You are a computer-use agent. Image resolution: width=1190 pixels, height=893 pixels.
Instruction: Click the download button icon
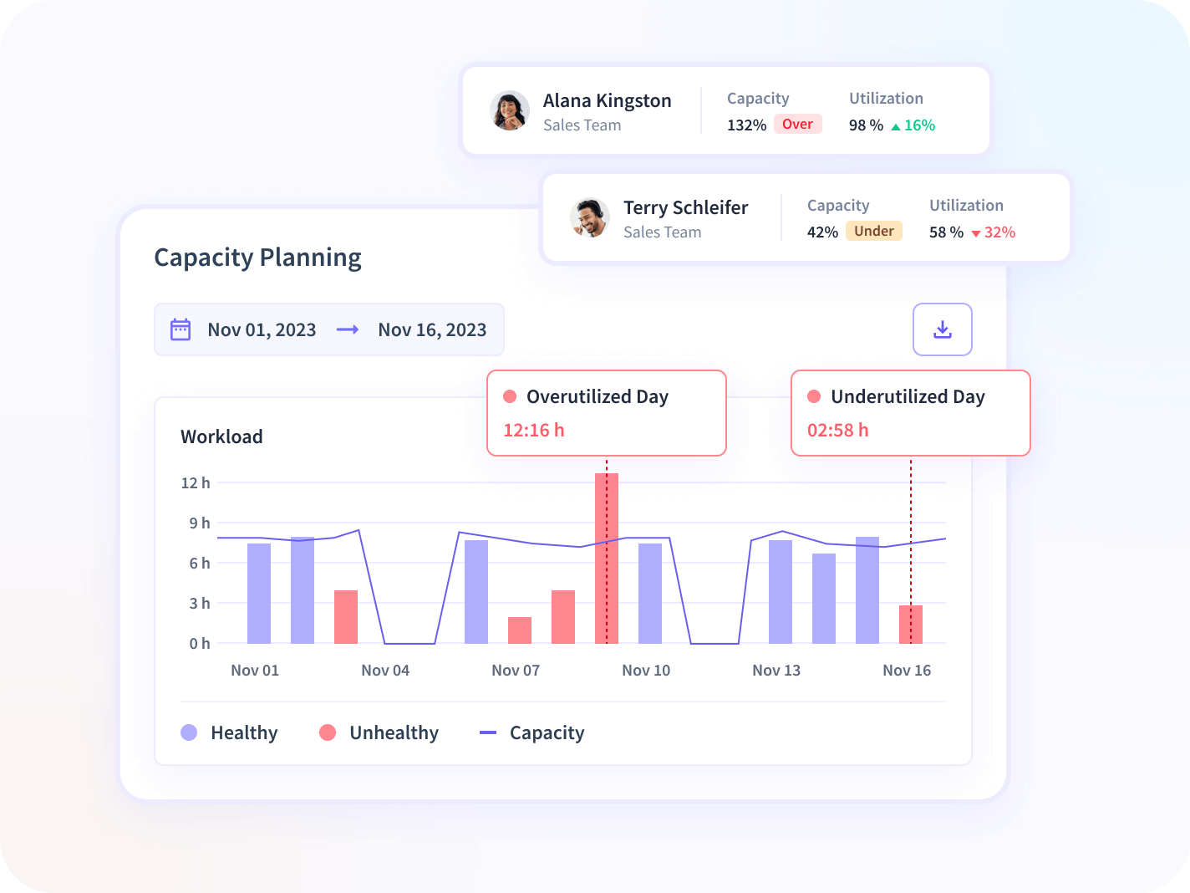coord(943,329)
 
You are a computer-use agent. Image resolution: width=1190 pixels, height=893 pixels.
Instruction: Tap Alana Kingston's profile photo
coord(510,111)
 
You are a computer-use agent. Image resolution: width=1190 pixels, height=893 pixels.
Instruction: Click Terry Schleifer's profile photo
coord(590,218)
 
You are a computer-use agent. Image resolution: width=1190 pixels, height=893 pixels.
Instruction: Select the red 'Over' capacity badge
coord(797,125)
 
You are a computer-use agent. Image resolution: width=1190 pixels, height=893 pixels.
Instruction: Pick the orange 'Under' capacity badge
coord(873,231)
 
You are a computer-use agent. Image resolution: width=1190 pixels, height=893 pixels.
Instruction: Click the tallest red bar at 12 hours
coord(607,558)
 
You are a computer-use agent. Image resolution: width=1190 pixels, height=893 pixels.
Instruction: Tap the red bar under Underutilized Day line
coord(911,625)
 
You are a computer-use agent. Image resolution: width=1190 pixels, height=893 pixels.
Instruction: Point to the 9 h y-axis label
coord(200,523)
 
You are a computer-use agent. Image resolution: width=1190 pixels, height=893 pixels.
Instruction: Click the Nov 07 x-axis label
coord(516,671)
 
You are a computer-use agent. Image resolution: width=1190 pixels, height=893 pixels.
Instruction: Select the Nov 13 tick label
coord(776,671)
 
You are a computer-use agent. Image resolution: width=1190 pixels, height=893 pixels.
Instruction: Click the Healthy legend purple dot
coord(189,732)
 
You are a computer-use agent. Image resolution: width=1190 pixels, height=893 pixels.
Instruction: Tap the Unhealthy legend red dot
coord(328,732)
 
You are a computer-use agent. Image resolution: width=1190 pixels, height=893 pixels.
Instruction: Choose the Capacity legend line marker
coord(488,732)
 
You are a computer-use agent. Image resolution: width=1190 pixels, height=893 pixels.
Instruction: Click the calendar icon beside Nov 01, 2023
coord(181,329)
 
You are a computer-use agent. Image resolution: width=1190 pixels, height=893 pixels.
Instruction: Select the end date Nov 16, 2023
coord(432,330)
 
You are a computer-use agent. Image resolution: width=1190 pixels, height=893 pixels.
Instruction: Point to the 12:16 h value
coord(534,431)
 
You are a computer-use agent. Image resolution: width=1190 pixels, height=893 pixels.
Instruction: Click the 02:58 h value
coord(838,431)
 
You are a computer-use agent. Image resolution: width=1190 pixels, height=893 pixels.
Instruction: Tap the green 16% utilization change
coord(913,125)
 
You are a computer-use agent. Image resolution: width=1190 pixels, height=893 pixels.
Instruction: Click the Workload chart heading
coord(221,436)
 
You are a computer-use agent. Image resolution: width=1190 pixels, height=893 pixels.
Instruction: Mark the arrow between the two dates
coord(348,329)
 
